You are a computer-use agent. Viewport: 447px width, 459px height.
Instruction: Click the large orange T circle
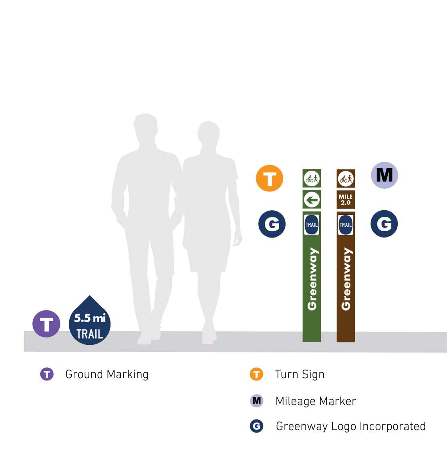[270, 178]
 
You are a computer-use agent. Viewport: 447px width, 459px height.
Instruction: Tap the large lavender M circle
[385, 175]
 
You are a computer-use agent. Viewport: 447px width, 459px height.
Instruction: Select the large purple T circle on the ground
[46, 324]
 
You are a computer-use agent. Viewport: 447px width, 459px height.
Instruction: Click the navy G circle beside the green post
[272, 224]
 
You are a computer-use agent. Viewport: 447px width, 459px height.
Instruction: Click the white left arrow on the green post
[312, 199]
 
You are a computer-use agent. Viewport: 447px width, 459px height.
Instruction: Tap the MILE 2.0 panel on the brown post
[346, 199]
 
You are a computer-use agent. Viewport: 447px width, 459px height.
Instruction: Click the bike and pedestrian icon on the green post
[312, 178]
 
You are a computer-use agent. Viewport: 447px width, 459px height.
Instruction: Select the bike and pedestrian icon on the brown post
[346, 178]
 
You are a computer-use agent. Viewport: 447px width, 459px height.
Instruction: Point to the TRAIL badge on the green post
[312, 224]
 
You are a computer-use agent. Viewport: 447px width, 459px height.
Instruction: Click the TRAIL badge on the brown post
[346, 224]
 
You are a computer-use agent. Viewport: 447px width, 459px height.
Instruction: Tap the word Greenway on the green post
[312, 279]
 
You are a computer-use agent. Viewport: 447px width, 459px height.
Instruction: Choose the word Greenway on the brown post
[346, 279]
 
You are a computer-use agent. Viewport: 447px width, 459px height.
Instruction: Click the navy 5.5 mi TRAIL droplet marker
[90, 323]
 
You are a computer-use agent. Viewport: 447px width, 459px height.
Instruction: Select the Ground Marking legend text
[107, 374]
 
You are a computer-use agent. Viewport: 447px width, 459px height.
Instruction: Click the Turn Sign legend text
[300, 374]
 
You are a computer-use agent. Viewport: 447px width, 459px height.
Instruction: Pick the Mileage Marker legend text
[316, 401]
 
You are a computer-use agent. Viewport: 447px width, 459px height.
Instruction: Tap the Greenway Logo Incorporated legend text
[350, 426]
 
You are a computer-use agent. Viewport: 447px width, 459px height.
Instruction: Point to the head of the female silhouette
[208, 135]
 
